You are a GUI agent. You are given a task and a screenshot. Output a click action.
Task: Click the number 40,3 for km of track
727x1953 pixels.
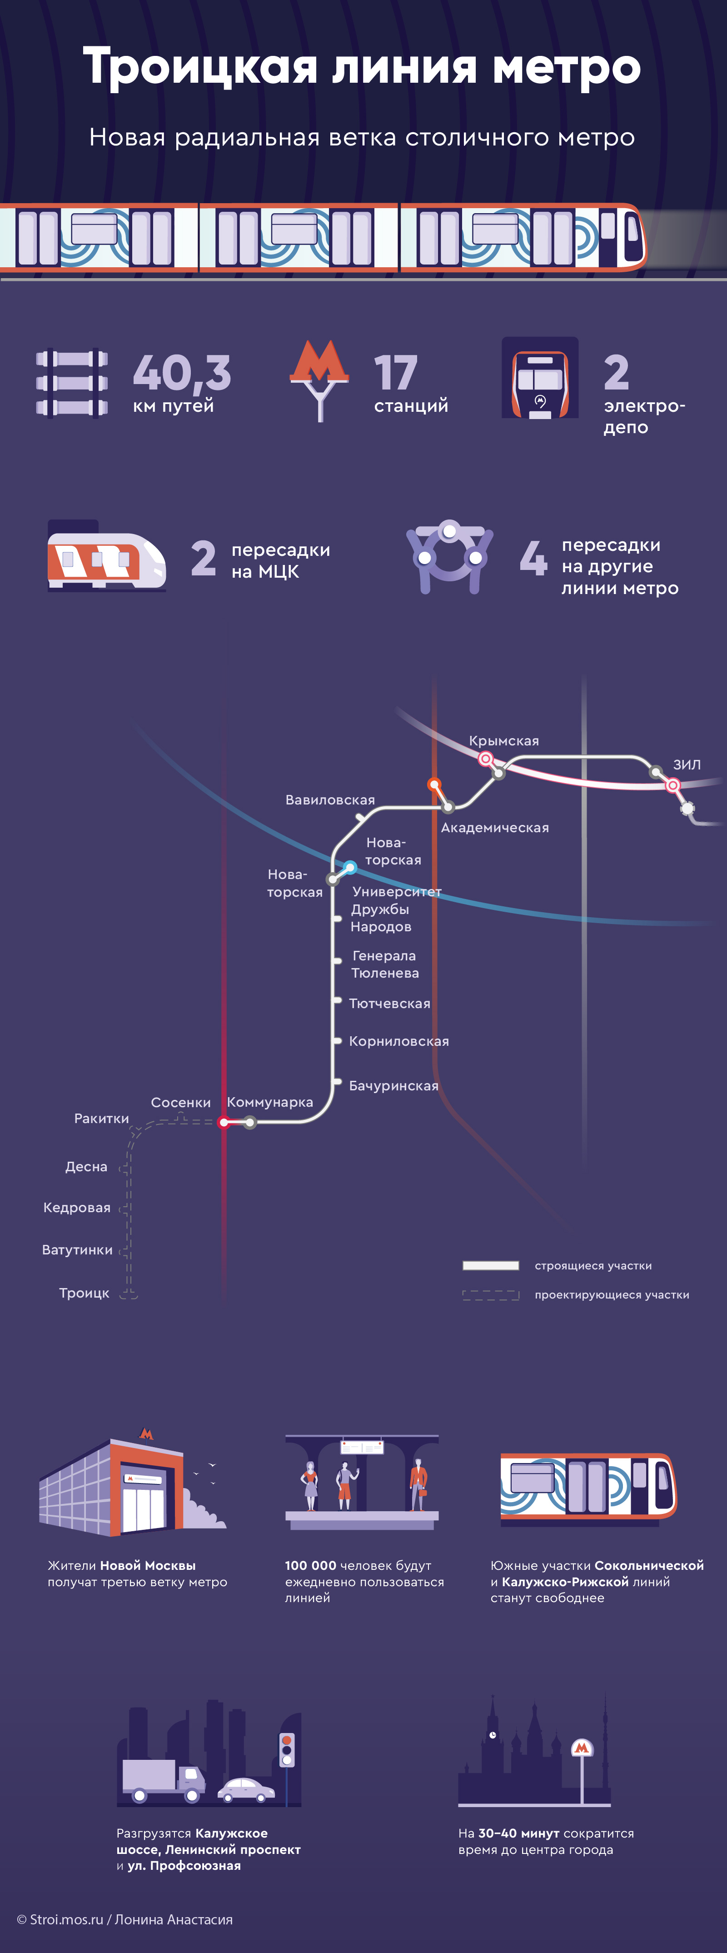tap(181, 373)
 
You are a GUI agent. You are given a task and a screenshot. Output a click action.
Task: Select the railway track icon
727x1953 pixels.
tap(72, 382)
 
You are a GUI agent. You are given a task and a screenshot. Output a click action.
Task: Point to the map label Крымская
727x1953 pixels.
tap(503, 741)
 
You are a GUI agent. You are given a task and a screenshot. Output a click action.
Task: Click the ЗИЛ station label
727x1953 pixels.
tap(687, 764)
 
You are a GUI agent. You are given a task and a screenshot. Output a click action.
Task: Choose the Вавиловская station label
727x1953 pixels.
tap(330, 800)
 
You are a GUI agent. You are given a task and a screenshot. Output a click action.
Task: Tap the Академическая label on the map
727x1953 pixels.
tap(494, 828)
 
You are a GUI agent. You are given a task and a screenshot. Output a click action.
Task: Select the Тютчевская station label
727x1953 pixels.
tap(389, 1003)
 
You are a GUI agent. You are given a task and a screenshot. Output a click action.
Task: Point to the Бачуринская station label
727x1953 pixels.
tap(393, 1086)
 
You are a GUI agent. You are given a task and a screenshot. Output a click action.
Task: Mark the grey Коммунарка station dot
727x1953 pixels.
tap(250, 1122)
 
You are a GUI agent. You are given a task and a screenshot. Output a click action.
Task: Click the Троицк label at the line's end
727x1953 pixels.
tap(84, 1293)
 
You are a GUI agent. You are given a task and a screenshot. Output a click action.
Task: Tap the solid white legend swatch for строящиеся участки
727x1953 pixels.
tap(490, 1265)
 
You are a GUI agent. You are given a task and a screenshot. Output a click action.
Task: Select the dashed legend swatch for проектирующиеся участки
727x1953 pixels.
tap(490, 1295)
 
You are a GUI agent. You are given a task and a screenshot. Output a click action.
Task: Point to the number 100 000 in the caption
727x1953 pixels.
tap(310, 1566)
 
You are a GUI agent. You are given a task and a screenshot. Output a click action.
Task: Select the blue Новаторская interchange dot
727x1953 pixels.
tap(349, 867)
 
